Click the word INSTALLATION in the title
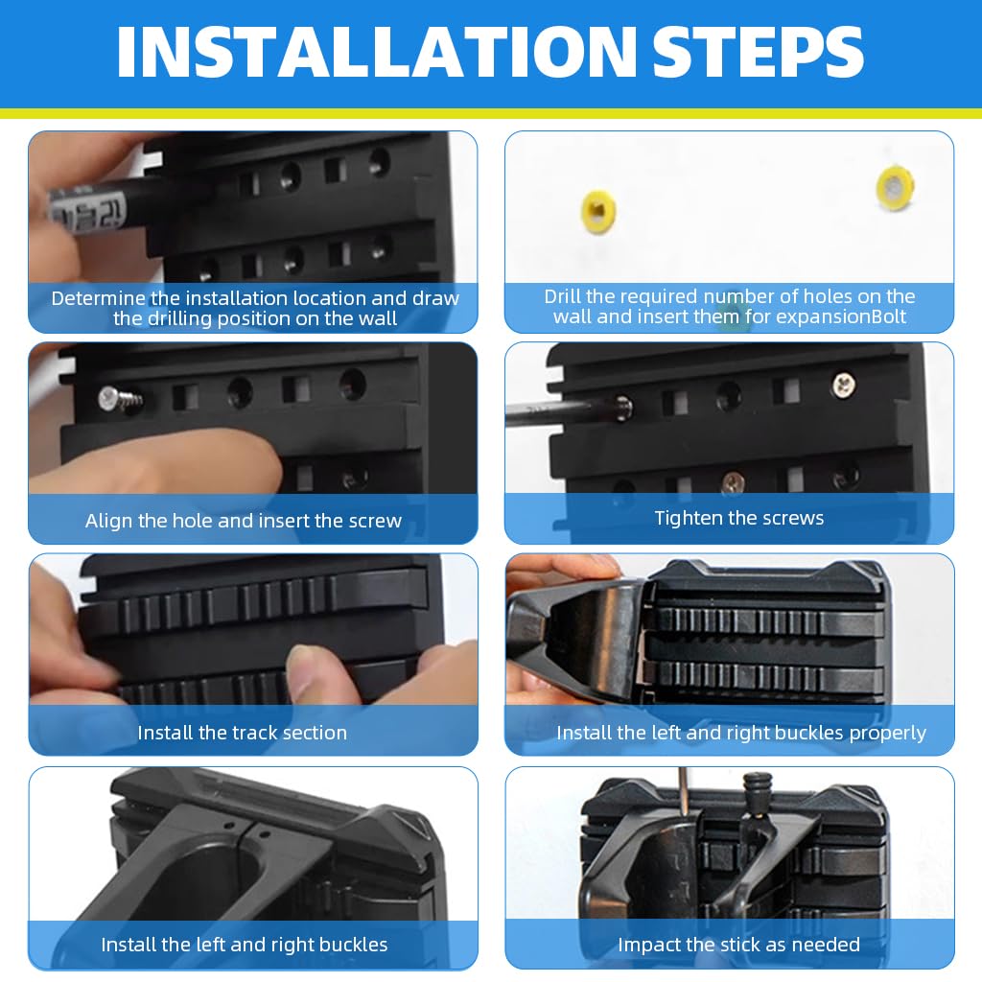(x=376, y=52)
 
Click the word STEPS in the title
(x=758, y=52)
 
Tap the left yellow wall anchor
(x=598, y=212)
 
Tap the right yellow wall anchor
(x=896, y=187)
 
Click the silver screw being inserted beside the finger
(x=120, y=399)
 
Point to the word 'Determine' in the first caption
(x=99, y=298)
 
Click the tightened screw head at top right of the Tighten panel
(x=843, y=385)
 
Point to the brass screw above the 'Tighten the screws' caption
(x=733, y=482)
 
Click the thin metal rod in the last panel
(x=684, y=791)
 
